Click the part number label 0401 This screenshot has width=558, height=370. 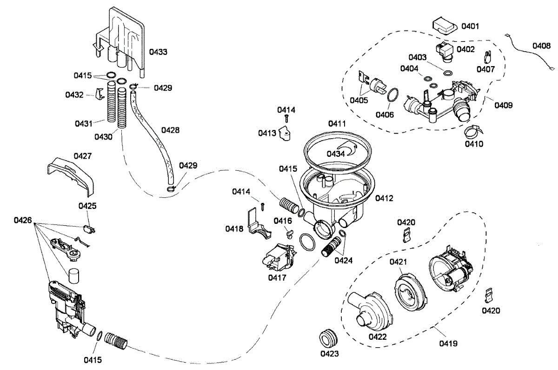pyautogui.click(x=470, y=26)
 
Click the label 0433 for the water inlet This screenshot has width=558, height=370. pyautogui.click(x=158, y=52)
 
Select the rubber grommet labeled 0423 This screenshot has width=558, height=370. pyautogui.click(x=329, y=337)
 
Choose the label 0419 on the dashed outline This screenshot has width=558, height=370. pyautogui.click(x=448, y=344)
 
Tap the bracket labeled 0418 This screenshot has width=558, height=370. pyautogui.click(x=255, y=223)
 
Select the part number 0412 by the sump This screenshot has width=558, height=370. pyautogui.click(x=385, y=198)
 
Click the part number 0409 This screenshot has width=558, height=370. pyautogui.click(x=504, y=105)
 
